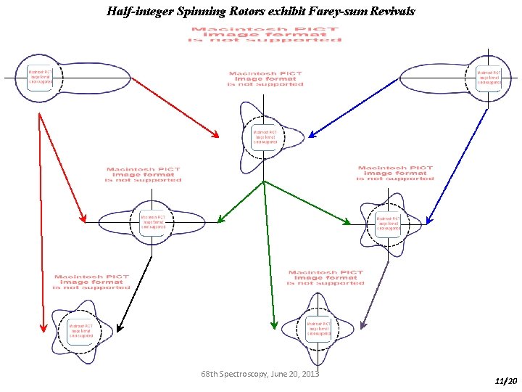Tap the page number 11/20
click(505, 380)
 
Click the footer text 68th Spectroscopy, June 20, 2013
click(260, 374)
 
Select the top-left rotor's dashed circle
click(40, 78)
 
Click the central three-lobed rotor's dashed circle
click(264, 138)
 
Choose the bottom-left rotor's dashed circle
click(80, 332)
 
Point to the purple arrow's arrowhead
click(363, 324)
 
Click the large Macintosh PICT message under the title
click(265, 34)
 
